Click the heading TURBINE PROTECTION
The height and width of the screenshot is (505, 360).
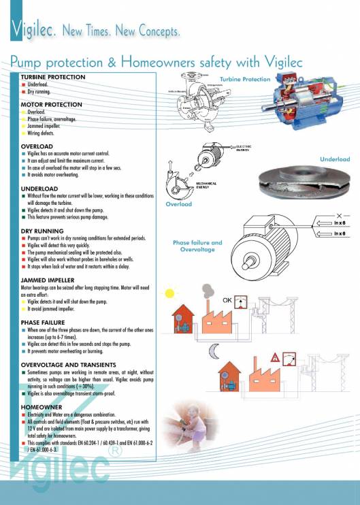click(x=52, y=78)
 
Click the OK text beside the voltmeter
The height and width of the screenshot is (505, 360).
click(x=229, y=299)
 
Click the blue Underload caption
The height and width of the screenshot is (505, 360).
click(x=335, y=159)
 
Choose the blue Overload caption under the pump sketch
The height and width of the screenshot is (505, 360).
click(x=179, y=203)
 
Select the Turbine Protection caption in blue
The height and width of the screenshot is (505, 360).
click(x=245, y=80)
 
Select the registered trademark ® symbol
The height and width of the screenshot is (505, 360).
click(x=116, y=450)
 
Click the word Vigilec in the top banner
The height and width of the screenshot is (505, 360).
click(x=33, y=30)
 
